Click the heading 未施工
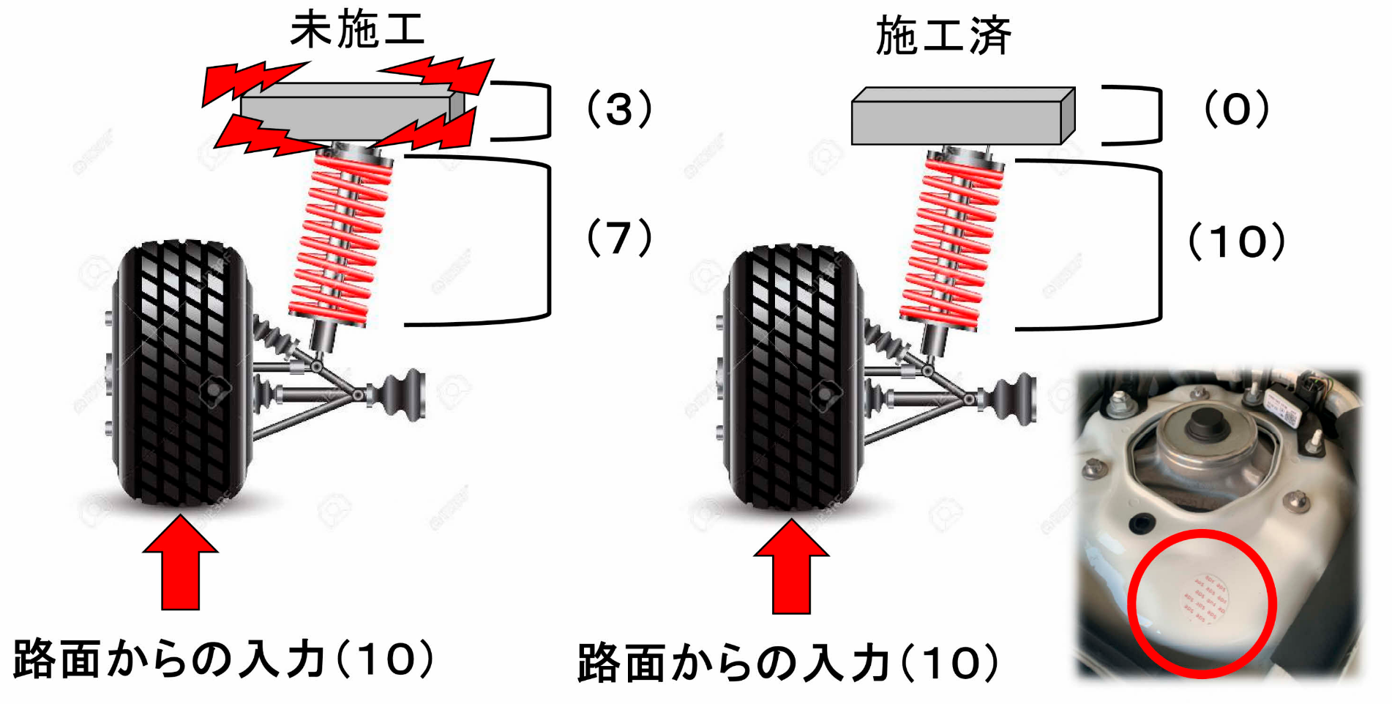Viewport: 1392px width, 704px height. [357, 31]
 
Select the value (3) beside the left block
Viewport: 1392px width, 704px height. [619, 110]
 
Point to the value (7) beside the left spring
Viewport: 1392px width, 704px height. [619, 238]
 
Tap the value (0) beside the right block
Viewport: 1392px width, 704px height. [1237, 110]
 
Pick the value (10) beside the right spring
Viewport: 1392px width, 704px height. [1236, 241]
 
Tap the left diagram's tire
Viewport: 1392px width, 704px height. [179, 373]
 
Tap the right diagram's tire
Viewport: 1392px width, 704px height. [790, 377]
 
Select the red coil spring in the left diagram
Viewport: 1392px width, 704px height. [340, 238]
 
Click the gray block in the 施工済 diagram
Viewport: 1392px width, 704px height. [959, 117]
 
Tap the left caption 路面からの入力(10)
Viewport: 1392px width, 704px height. [223, 659]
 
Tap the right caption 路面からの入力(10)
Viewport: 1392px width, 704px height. [787, 663]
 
